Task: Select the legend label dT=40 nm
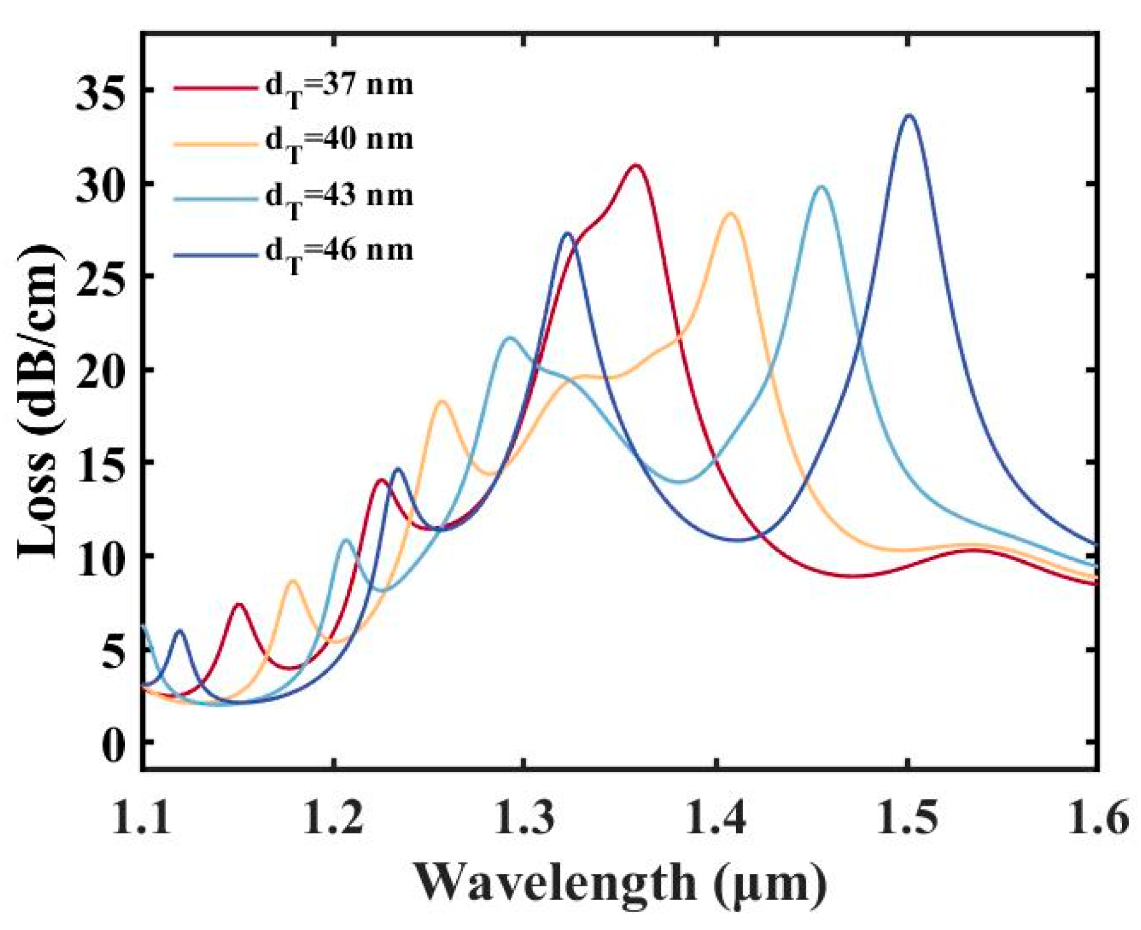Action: pyautogui.click(x=339, y=141)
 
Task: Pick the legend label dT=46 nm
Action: pyautogui.click(x=339, y=252)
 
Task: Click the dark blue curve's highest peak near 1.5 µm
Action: pyautogui.click(x=909, y=116)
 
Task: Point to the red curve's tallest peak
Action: pyautogui.click(x=635, y=166)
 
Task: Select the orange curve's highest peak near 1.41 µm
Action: pyautogui.click(x=731, y=214)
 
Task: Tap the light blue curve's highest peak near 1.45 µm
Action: pyautogui.click(x=822, y=187)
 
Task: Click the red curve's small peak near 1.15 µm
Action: pyautogui.click(x=238, y=604)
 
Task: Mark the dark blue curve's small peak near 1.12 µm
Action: pyautogui.click(x=180, y=631)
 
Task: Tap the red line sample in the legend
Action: pyautogui.click(x=216, y=88)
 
